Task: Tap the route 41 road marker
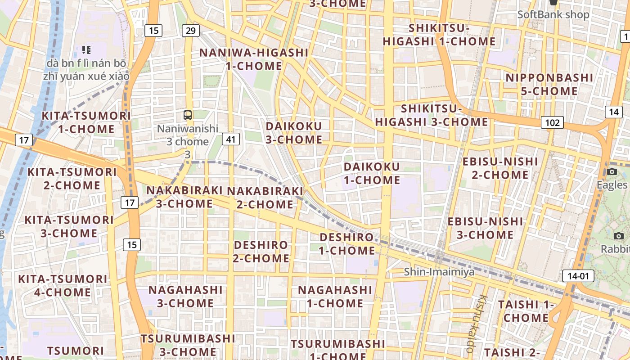tap(231, 139)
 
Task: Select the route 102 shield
tap(552, 122)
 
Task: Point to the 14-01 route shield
tap(578, 276)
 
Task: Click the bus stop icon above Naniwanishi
tap(188, 115)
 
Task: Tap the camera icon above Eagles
tap(612, 171)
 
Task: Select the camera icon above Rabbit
tap(618, 236)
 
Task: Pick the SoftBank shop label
tap(553, 14)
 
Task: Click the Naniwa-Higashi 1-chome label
tap(254, 59)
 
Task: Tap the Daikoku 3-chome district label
tap(294, 133)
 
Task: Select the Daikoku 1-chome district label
tap(372, 173)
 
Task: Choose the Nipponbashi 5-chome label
tap(549, 85)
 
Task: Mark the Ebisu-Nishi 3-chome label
tap(485, 228)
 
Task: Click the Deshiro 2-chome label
tap(261, 252)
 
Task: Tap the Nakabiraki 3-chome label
tap(185, 197)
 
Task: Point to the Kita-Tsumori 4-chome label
tap(63, 286)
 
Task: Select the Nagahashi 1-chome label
tap(335, 297)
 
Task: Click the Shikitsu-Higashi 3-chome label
tap(432, 115)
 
